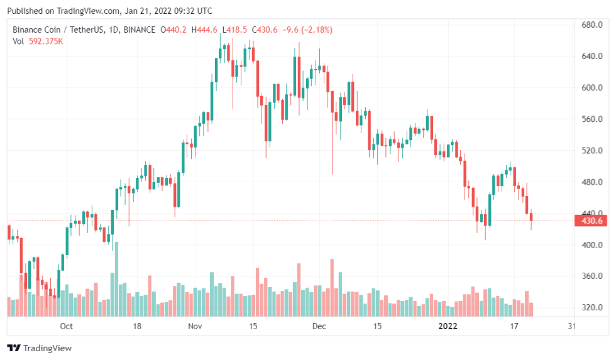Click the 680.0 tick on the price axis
click(593, 25)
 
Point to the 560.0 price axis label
click(593, 119)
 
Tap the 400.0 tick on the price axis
click(593, 245)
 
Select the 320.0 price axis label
click(593, 308)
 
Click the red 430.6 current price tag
click(593, 221)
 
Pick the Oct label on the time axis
click(67, 326)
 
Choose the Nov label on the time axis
click(195, 326)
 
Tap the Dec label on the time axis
click(319, 326)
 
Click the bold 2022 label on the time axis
click(448, 326)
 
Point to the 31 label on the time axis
click(571, 326)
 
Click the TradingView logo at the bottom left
click(40, 348)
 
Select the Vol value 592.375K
click(46, 41)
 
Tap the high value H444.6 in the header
click(206, 30)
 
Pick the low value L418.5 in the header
click(235, 30)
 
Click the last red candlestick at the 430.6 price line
click(532, 217)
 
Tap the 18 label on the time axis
click(137, 326)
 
